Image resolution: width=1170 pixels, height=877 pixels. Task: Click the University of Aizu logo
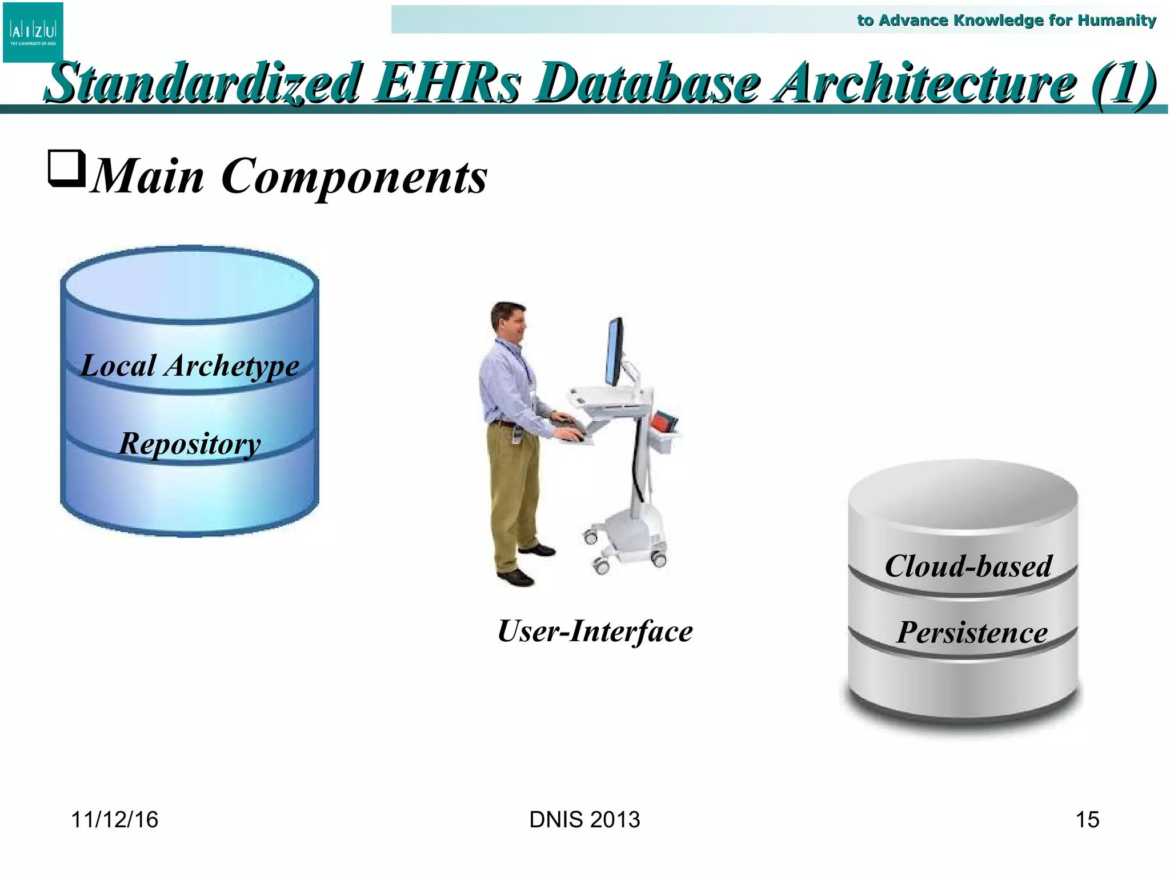pyautogui.click(x=33, y=32)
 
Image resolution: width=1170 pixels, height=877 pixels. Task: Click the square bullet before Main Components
pyautogui.click(x=66, y=169)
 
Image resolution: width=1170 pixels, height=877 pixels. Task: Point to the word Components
pyautogui.click(x=354, y=176)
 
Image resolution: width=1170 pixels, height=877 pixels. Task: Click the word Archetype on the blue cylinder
pyautogui.click(x=231, y=366)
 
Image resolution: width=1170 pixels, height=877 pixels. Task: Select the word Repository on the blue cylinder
pyautogui.click(x=190, y=444)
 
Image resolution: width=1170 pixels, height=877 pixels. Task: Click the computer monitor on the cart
pyautogui.click(x=614, y=353)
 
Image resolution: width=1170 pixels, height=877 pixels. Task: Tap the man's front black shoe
pyautogui.click(x=515, y=578)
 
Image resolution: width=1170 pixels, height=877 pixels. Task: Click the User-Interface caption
pyautogui.click(x=595, y=631)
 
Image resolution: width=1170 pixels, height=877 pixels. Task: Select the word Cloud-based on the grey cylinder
pyautogui.click(x=968, y=566)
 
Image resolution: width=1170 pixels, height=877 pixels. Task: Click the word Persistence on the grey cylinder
pyautogui.click(x=972, y=633)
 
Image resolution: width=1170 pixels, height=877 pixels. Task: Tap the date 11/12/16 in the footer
pyautogui.click(x=114, y=820)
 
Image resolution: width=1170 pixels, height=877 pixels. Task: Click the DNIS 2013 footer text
pyautogui.click(x=584, y=820)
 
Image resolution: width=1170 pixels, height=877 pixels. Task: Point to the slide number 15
pyautogui.click(x=1087, y=820)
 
